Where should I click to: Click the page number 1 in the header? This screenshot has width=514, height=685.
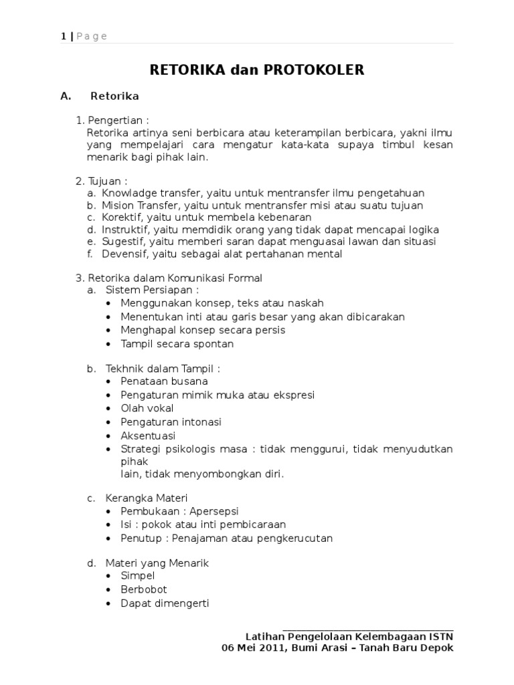(63, 36)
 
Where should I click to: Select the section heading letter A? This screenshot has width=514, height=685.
(65, 96)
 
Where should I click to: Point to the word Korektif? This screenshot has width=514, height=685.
(120, 217)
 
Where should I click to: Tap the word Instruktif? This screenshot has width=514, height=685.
(124, 229)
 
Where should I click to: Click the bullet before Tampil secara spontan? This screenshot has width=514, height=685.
(109, 345)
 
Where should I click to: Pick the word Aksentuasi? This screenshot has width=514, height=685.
(147, 435)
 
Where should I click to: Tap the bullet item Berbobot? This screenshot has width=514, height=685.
(143, 589)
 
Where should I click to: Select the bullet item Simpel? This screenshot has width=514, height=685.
(138, 576)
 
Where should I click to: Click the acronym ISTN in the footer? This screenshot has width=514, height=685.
(440, 636)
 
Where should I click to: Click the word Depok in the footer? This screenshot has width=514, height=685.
(438, 648)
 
